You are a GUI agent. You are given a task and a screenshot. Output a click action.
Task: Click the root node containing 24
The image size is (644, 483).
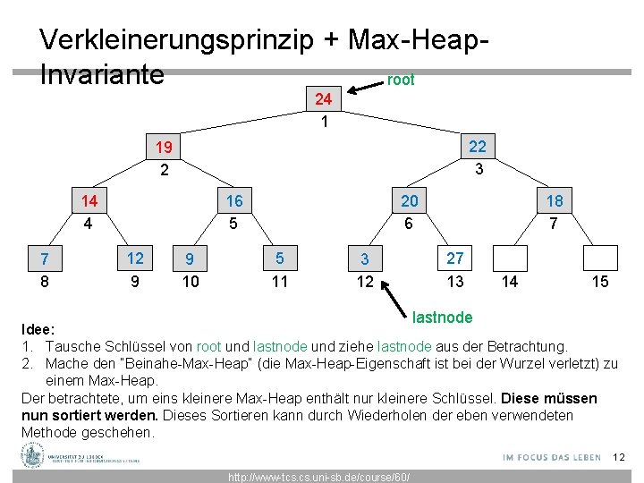coord(324,99)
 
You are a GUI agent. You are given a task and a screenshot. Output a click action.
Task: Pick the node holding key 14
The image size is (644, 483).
coord(89,201)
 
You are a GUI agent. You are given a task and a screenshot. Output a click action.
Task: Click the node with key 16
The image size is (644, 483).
coord(234,201)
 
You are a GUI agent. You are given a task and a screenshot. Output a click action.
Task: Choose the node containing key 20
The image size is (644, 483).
coord(408,201)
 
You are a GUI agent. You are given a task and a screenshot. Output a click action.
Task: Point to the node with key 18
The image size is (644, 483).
coord(555,201)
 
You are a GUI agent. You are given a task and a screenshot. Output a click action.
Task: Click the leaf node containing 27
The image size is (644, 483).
coord(455,258)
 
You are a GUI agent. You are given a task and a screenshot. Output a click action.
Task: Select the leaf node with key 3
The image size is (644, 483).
coord(365,259)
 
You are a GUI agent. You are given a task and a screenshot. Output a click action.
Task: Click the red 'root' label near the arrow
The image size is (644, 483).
coord(400,80)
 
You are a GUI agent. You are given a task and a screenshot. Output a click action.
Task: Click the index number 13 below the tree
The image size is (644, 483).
coord(456,282)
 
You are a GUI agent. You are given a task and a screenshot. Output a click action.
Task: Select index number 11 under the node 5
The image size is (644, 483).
coord(280,282)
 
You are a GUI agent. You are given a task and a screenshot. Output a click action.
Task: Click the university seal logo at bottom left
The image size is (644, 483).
coord(33,456)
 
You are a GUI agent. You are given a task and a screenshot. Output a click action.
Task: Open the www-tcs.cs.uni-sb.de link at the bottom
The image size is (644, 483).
coord(319,477)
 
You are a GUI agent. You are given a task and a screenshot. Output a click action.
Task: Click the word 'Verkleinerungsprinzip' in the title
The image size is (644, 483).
coord(176,40)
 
